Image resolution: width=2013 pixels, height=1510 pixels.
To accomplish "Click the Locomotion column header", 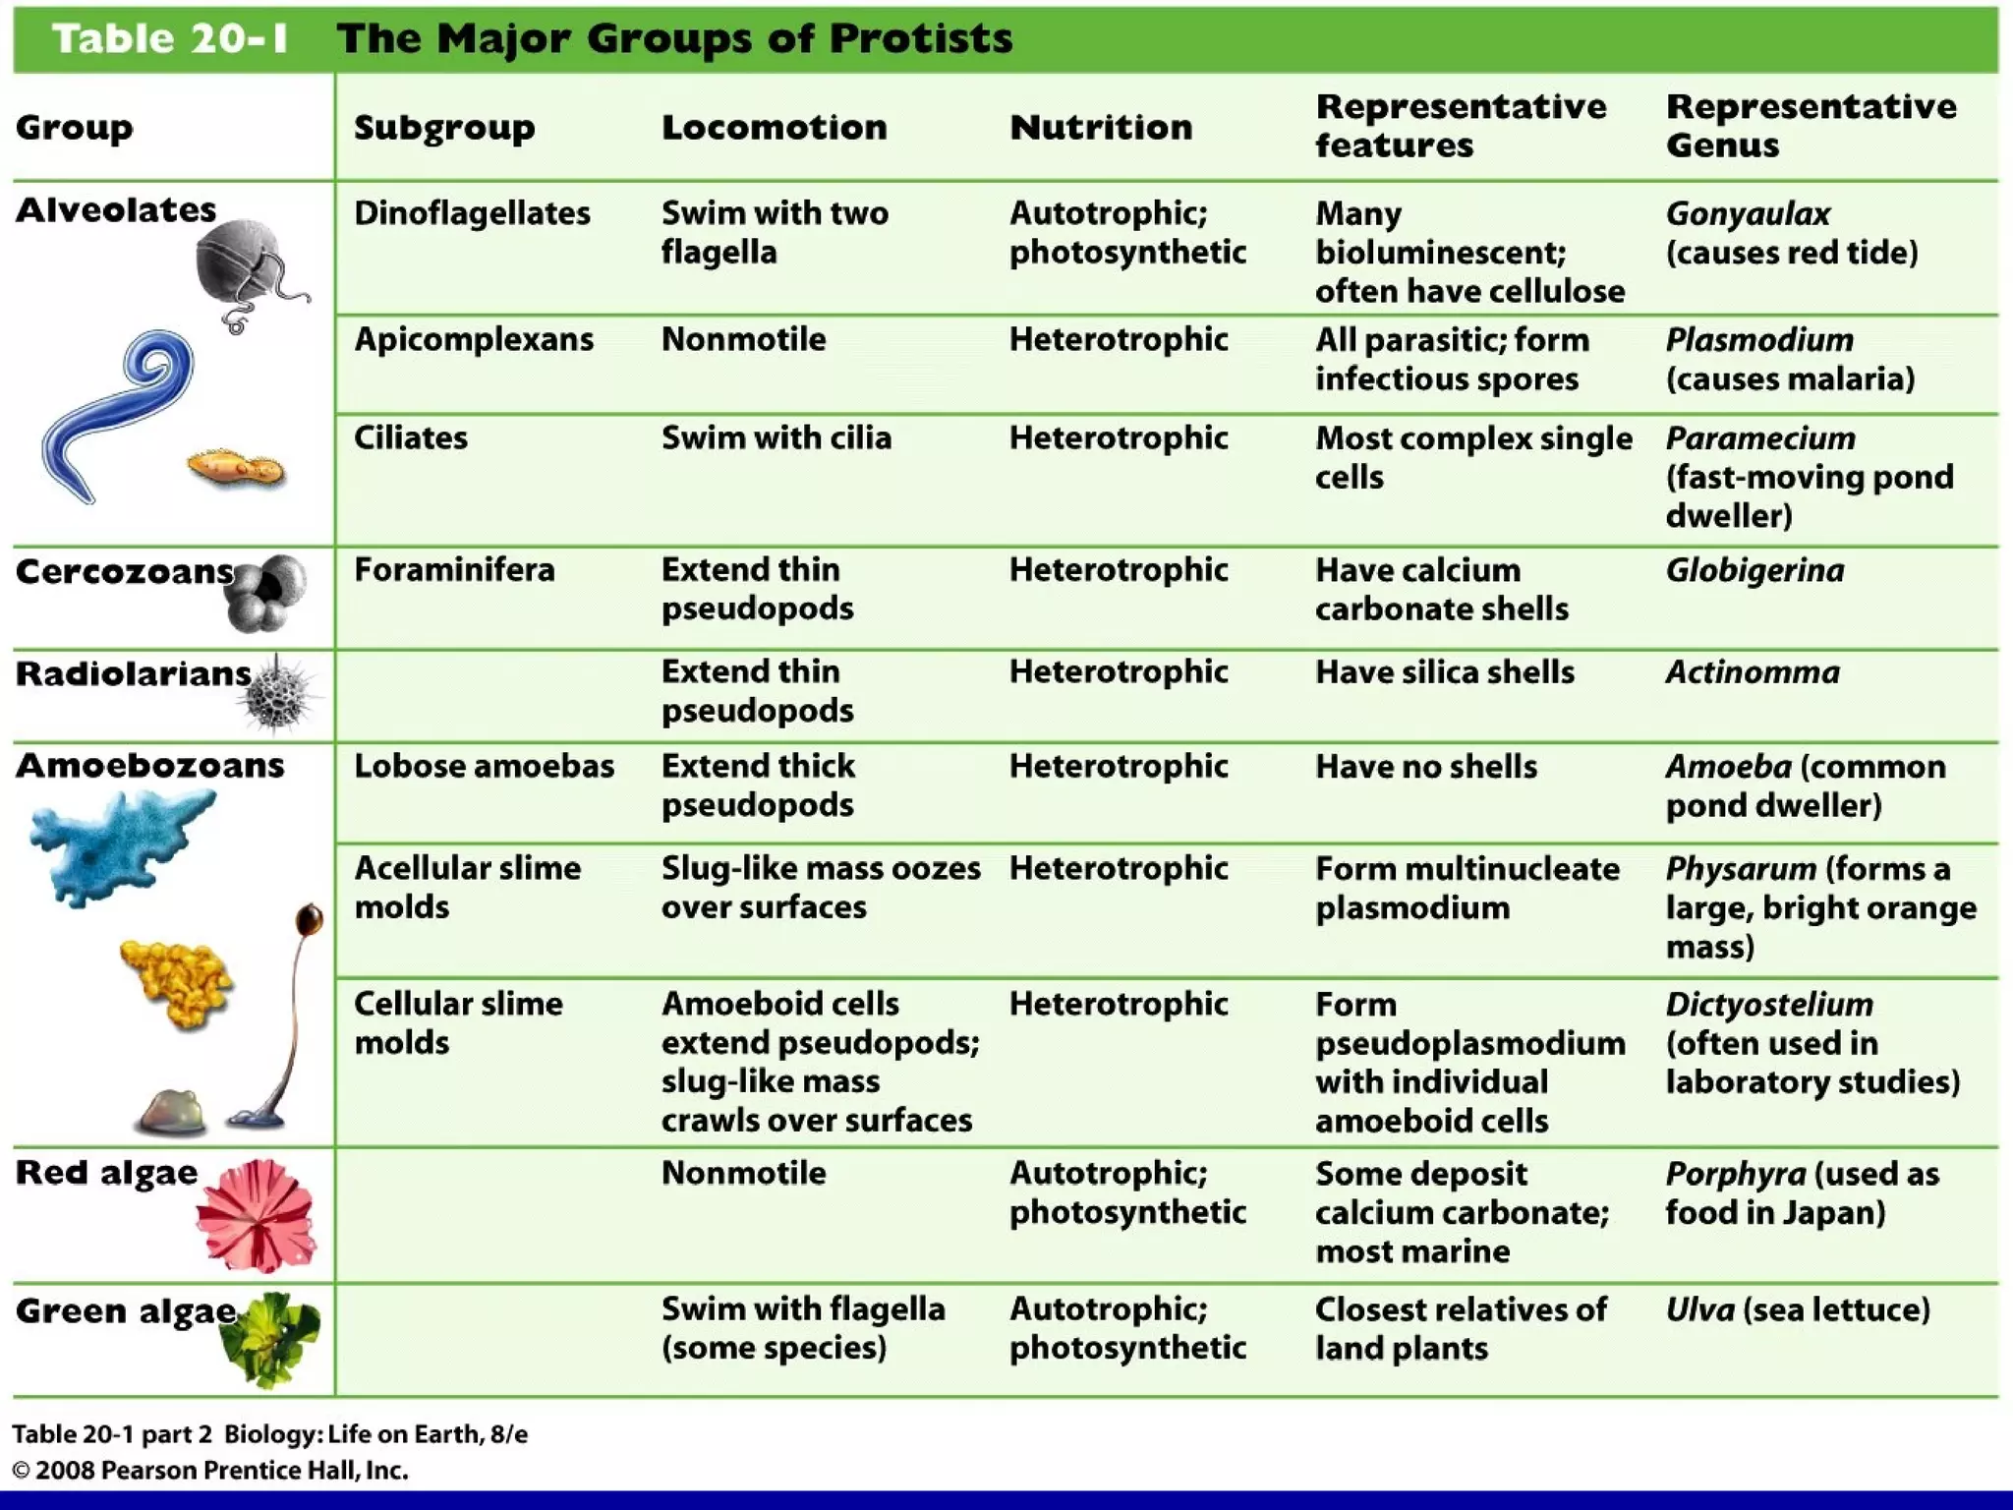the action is pos(774,127).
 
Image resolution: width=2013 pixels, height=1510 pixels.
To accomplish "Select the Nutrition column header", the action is pos(1101,127).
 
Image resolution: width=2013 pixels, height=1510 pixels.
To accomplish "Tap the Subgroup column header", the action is pos(444,127).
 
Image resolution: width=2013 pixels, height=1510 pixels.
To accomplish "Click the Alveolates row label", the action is pos(116,209).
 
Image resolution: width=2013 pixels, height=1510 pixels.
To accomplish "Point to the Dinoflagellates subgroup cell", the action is pos(472,213).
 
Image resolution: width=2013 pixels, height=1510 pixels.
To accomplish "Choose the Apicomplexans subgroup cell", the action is pos(474,339).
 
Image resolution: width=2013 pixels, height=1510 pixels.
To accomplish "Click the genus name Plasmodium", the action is pos(1758,340).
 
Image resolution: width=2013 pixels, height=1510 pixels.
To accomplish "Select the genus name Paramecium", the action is pos(1759,438).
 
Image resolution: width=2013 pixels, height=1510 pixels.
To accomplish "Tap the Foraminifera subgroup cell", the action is pos(454,569).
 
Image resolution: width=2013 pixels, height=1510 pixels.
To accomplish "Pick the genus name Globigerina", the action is pos(1754,570).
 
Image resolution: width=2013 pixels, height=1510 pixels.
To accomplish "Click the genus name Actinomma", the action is pos(1752,672).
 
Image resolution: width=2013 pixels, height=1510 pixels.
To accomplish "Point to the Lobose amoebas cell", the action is pos(484,766).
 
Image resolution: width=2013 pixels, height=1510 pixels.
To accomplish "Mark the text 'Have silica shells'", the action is pos(1444,672).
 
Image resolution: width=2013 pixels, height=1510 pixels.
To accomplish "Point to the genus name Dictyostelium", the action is pos(1768,1005).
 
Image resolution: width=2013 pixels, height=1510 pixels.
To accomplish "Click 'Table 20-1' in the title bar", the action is pos(170,39).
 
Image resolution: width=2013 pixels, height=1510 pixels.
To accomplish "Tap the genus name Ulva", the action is pos(1699,1309).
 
